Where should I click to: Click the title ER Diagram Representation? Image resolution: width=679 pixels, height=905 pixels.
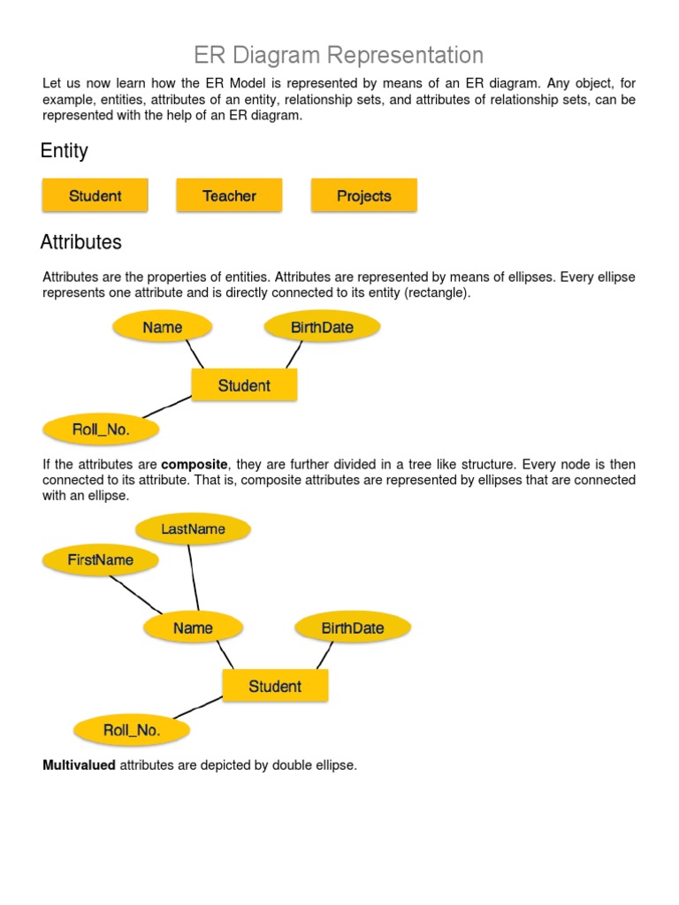point(339,55)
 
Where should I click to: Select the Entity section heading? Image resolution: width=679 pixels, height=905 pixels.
point(65,151)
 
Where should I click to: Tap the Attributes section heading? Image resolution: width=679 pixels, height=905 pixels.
point(81,242)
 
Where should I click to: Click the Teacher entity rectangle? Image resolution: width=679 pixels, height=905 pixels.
point(229,195)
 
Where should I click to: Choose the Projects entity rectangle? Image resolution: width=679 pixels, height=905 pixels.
point(363,195)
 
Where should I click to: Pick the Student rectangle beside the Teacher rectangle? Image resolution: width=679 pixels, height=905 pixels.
point(95,195)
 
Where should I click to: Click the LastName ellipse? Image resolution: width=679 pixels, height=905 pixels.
point(193,529)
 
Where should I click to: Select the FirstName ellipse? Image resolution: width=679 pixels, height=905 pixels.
point(101,559)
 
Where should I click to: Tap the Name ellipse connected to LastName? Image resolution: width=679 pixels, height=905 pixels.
point(193,628)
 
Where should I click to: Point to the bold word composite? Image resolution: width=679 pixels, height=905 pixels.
point(195,465)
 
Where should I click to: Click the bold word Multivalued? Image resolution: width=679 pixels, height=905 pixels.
point(79,765)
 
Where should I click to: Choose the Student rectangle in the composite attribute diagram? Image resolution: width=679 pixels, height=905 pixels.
point(275,686)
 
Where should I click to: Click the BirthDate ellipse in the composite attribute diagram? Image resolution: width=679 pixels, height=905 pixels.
point(353,628)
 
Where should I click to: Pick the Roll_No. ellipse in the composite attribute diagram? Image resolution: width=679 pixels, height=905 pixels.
point(132,730)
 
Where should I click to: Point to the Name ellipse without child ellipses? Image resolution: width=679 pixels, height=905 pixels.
point(163,327)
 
